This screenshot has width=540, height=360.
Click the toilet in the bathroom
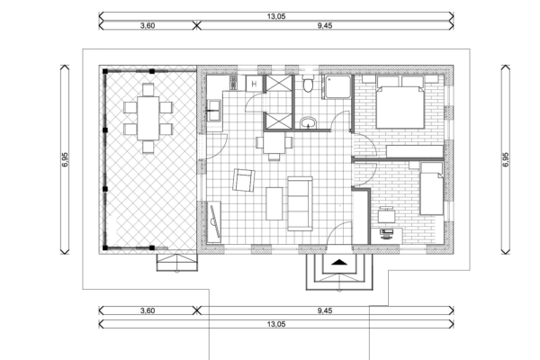click(308, 84)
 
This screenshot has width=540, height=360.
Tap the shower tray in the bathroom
click(337, 86)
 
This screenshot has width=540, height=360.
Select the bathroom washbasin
click(309, 123)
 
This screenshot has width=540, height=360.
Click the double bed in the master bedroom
click(400, 103)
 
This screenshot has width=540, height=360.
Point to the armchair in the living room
click(244, 180)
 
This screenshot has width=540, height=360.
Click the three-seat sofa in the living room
click(300, 203)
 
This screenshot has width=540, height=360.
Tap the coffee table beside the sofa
click(274, 203)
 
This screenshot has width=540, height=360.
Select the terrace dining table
click(148, 118)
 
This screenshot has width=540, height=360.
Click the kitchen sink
click(214, 111)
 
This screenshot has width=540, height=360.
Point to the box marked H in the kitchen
click(254, 84)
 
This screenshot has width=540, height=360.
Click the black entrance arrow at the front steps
click(339, 263)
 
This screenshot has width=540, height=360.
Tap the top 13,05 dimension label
click(276, 16)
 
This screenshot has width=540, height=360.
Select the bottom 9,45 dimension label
click(325, 310)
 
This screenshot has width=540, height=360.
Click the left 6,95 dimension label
click(65, 159)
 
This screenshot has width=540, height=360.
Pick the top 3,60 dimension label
click(148, 25)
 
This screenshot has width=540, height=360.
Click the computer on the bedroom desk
click(386, 234)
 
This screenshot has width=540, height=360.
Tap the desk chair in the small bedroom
click(387, 215)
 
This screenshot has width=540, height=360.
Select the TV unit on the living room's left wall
click(214, 221)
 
